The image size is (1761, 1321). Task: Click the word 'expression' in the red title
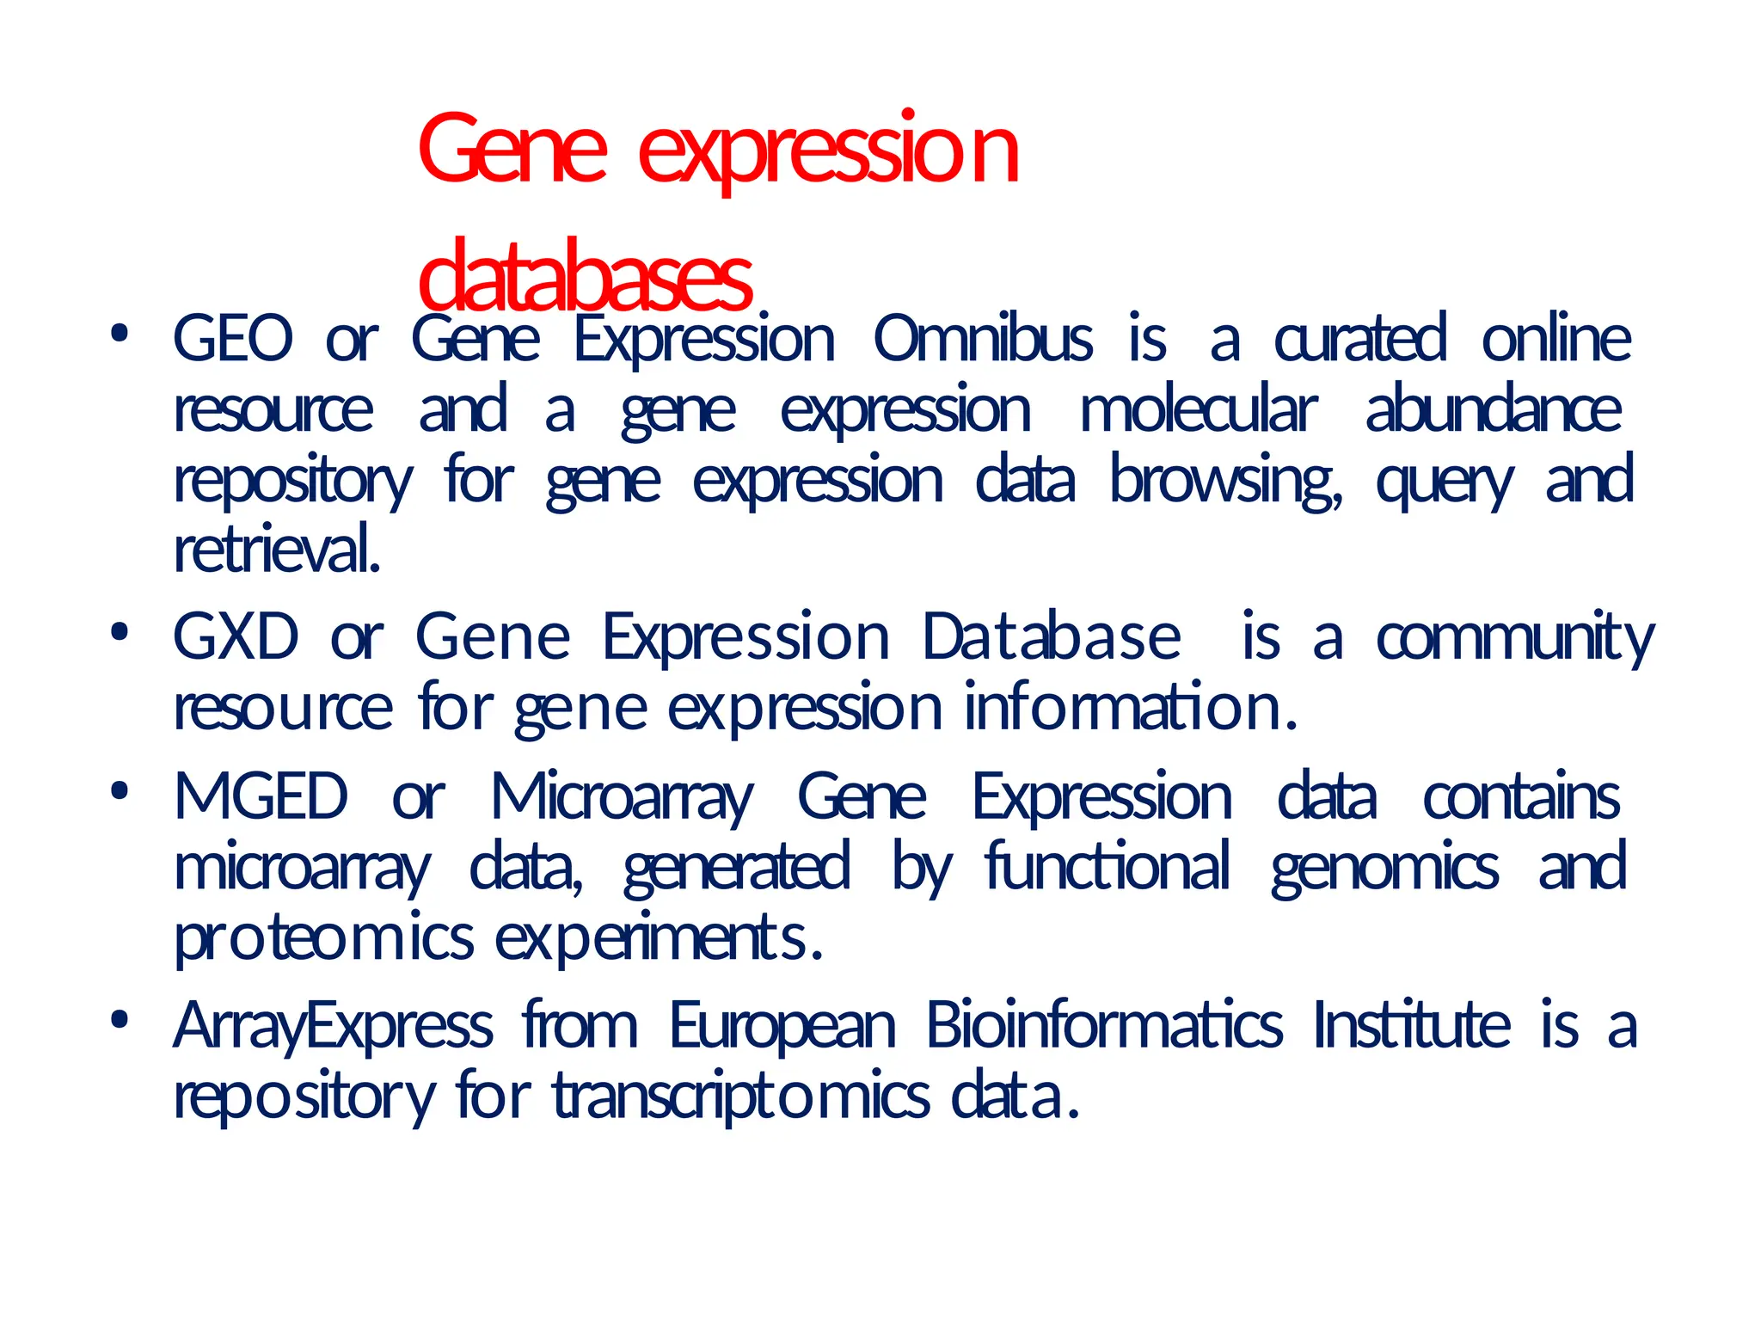[x=829, y=151]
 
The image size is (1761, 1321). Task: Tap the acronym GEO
[x=233, y=339]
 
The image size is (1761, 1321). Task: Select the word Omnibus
[x=983, y=339]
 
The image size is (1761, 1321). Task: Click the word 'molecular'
[x=1198, y=410]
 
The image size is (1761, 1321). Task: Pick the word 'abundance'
[x=1494, y=410]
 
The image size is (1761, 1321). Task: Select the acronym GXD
[x=236, y=637]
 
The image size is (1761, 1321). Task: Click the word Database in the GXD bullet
[x=1051, y=637]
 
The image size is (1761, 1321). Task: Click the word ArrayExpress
[x=334, y=1027]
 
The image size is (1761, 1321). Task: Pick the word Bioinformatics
[x=1104, y=1025]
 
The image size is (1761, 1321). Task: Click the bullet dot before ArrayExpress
[x=120, y=1020]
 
